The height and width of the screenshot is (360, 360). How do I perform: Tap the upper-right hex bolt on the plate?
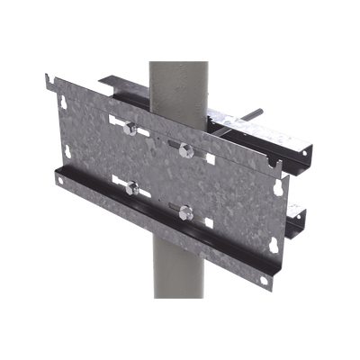(186, 147)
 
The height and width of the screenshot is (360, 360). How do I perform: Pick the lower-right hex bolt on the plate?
(186, 211)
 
